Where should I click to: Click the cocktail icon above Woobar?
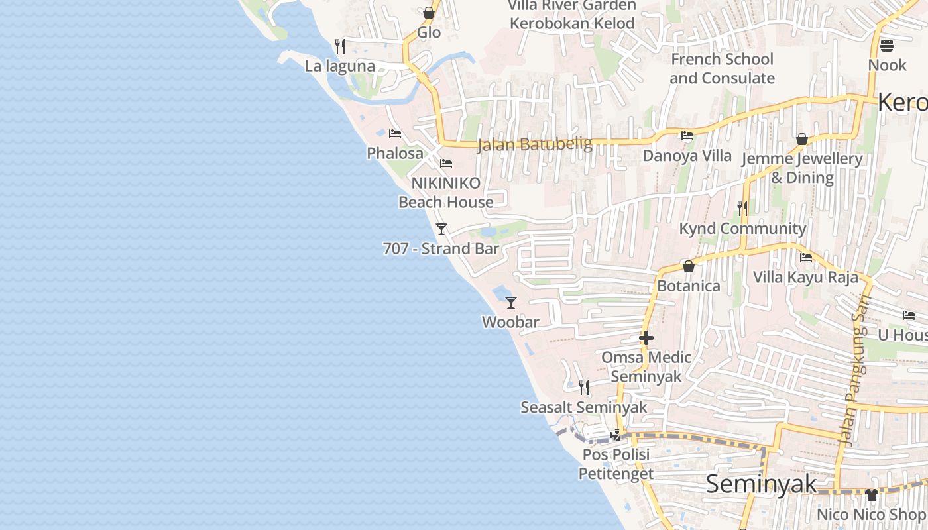click(510, 303)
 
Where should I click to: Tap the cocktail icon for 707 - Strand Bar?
click(441, 229)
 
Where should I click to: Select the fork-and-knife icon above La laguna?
click(339, 46)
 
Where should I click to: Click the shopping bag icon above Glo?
click(428, 13)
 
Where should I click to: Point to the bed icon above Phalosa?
click(394, 134)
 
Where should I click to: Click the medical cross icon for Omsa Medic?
click(646, 338)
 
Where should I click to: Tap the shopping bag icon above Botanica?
click(689, 266)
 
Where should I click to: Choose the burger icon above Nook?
click(886, 46)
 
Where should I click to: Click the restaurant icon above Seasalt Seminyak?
click(583, 387)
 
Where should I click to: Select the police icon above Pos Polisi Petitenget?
click(616, 435)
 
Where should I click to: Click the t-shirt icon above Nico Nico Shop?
click(871, 494)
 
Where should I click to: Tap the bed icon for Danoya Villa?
click(687, 136)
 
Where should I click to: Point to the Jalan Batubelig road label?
click(534, 144)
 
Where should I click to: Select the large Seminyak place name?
click(761, 484)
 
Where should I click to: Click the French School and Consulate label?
click(722, 69)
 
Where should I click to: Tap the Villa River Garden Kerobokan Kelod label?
click(572, 15)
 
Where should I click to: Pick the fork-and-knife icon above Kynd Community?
click(742, 209)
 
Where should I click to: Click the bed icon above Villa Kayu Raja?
click(806, 257)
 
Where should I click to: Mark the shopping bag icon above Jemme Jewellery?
click(802, 139)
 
